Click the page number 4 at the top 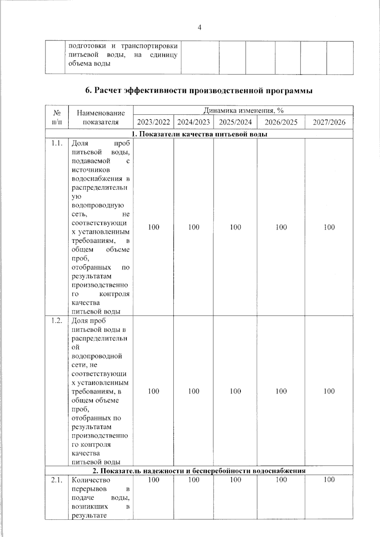pyautogui.click(x=199, y=28)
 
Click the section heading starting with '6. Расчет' pyautogui.click(x=199, y=91)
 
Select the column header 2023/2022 pyautogui.click(x=153, y=122)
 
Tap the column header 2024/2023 pyautogui.click(x=193, y=122)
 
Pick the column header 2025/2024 pyautogui.click(x=235, y=122)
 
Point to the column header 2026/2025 pyautogui.click(x=281, y=122)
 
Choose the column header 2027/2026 pyautogui.click(x=329, y=122)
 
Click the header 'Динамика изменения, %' pyautogui.click(x=243, y=110)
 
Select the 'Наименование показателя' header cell pyautogui.click(x=101, y=117)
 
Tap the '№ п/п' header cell pyautogui.click(x=57, y=117)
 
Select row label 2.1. pyautogui.click(x=57, y=480)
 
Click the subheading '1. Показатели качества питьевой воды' pyautogui.click(x=199, y=134)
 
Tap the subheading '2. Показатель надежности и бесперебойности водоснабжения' pyautogui.click(x=199, y=471)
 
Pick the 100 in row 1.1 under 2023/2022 pyautogui.click(x=154, y=227)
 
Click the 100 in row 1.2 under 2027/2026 pyautogui.click(x=329, y=391)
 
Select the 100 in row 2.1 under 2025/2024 pyautogui.click(x=235, y=480)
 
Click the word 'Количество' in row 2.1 pyautogui.click(x=91, y=480)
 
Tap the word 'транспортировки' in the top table pyautogui.click(x=149, y=46)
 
